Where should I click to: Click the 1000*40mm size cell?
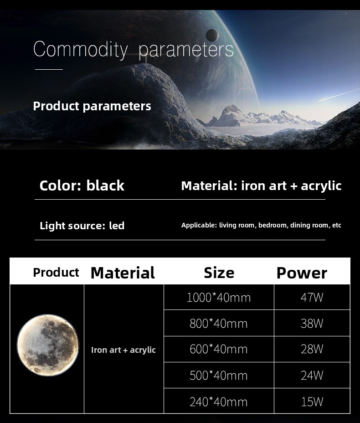point(219,297)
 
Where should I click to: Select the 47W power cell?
point(312,297)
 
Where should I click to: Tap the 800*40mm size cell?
point(219,323)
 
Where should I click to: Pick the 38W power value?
point(312,323)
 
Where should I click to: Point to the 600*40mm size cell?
point(219,349)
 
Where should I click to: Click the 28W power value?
point(312,349)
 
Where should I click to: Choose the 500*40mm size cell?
point(219,375)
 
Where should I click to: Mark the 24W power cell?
point(312,375)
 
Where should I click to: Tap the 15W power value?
point(312,402)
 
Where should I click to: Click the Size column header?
point(219,273)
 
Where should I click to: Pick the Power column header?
point(302,273)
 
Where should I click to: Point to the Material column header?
point(123,273)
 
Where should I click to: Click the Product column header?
point(56,273)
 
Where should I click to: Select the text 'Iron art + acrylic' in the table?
point(123,350)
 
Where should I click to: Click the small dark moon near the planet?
point(212,35)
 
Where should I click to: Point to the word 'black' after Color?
point(105,186)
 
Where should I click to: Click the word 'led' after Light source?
point(117,226)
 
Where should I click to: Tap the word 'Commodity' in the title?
point(80,50)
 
